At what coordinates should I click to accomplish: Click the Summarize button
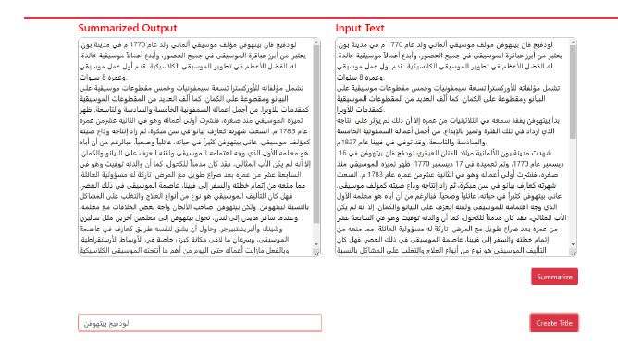553,277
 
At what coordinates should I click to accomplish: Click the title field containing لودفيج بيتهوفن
200,322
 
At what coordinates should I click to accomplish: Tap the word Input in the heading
350,28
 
